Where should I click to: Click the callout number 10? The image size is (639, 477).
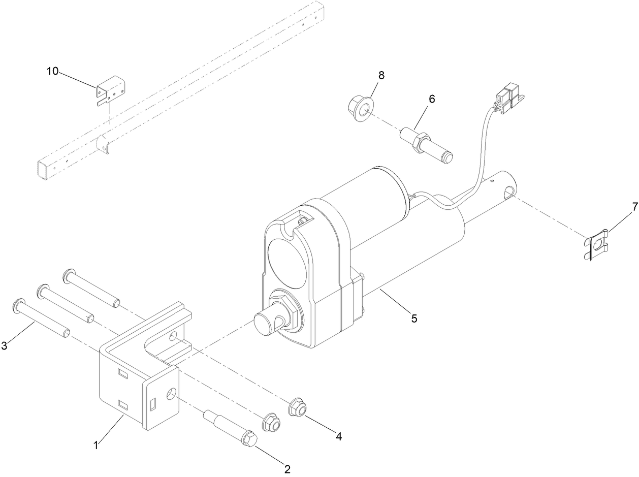click(53, 71)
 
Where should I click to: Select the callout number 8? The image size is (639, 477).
click(381, 75)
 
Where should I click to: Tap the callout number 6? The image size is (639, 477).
click(431, 99)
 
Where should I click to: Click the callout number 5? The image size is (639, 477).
click(414, 319)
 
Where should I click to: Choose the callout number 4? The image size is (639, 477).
click(338, 435)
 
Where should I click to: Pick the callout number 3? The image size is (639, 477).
click(5, 346)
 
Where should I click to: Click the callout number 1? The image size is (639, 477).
click(95, 446)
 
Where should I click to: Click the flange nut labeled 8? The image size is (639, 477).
click(360, 108)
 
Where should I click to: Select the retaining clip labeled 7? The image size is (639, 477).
click(596, 247)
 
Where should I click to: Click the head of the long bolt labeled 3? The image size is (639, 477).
click(17, 305)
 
